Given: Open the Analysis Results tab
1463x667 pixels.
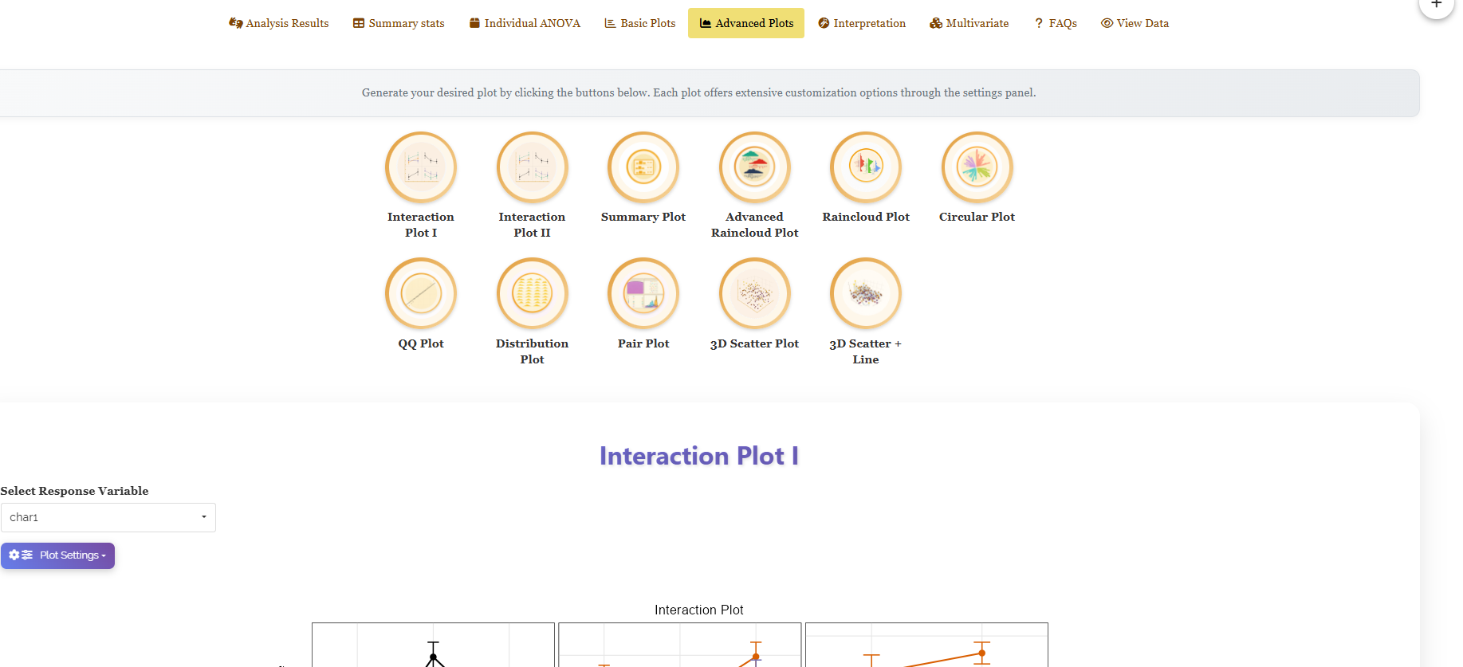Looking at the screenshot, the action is tap(279, 23).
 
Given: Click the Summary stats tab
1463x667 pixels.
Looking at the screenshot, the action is tap(399, 23).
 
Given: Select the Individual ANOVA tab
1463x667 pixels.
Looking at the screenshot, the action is tap(525, 23).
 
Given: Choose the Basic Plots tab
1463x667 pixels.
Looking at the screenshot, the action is tap(640, 23).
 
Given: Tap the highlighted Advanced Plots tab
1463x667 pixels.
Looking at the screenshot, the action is tap(746, 23).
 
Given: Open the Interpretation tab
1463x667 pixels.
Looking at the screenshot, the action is tap(862, 23).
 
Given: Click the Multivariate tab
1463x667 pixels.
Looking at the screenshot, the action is tap(969, 23).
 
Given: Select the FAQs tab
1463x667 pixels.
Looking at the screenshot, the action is tap(1056, 23).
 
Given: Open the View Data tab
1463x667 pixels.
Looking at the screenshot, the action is tap(1135, 23).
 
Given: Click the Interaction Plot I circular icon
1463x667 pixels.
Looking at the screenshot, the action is tap(421, 167).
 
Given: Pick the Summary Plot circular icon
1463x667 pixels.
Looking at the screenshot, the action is tap(643, 167).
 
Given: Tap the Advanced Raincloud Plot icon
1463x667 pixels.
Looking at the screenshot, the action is tap(755, 167).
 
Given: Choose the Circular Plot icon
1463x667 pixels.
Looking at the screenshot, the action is tap(977, 167).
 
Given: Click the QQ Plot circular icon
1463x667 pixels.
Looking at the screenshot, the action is tap(421, 293).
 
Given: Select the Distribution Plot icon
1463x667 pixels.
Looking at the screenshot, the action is tap(533, 293).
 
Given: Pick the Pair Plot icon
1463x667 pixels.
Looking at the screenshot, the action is tap(643, 293).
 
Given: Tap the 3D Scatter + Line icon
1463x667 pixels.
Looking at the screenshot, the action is tap(866, 293).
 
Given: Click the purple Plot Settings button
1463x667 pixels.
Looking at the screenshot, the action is tap(57, 555).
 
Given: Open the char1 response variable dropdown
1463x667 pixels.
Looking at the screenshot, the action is tap(108, 517).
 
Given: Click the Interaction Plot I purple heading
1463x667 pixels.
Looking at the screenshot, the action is tap(699, 456).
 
